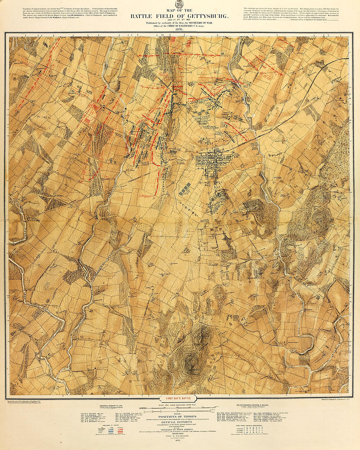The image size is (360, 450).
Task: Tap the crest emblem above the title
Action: pos(179,4)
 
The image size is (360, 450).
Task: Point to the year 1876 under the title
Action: pos(179,29)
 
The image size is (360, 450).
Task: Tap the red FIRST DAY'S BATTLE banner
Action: pos(178,399)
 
